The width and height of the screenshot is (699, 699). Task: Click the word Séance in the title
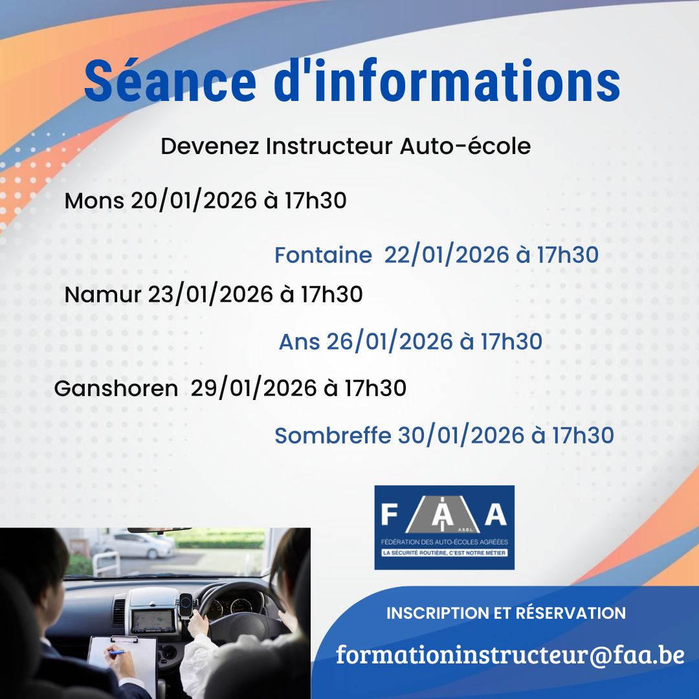tap(170, 81)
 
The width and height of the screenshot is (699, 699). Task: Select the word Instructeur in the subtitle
tap(329, 146)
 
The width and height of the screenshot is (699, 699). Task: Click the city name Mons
tap(94, 201)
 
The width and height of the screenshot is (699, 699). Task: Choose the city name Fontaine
tap(323, 254)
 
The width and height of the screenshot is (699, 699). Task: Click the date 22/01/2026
tap(447, 254)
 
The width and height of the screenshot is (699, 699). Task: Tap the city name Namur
tap(102, 294)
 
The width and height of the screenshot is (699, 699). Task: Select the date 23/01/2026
tap(210, 294)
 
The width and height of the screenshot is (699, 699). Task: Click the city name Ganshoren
tap(116, 388)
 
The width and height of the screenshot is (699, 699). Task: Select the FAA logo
tap(444, 527)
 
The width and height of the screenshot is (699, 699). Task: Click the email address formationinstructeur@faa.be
tap(510, 654)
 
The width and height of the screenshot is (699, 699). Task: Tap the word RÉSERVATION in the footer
tap(571, 613)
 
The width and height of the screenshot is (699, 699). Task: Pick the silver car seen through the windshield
tap(139, 544)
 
